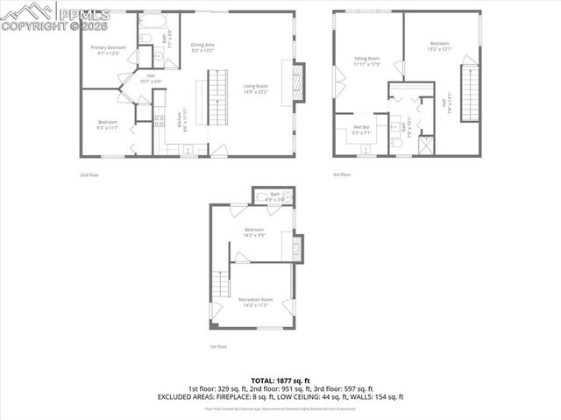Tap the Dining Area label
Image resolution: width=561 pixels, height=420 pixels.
pos(202,45)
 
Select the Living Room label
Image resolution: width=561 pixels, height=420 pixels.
pos(256,86)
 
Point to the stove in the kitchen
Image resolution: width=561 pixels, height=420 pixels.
pos(159,122)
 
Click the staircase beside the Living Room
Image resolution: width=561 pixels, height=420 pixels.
pos(213,97)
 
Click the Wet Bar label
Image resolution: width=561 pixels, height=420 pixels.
pos(362,128)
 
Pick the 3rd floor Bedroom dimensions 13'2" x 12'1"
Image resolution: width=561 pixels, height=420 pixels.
pos(440,49)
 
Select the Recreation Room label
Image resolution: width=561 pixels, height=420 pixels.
pos(256,300)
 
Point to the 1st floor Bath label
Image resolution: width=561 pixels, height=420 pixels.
pos(274,194)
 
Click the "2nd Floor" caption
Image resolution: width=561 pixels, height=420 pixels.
pos(89,174)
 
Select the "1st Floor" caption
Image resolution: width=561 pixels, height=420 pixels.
pos(218,347)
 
